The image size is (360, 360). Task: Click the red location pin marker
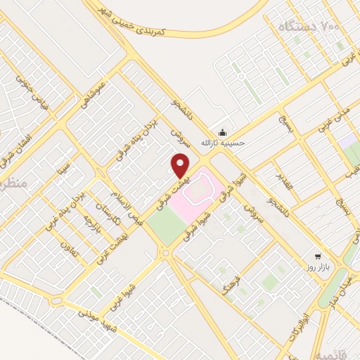tap(181, 166)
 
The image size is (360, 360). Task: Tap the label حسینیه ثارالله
tap(223, 143)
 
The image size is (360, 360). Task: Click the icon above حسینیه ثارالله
tap(223, 131)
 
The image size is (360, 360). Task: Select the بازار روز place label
tap(316, 269)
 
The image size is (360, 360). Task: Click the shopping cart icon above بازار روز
tap(318, 257)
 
